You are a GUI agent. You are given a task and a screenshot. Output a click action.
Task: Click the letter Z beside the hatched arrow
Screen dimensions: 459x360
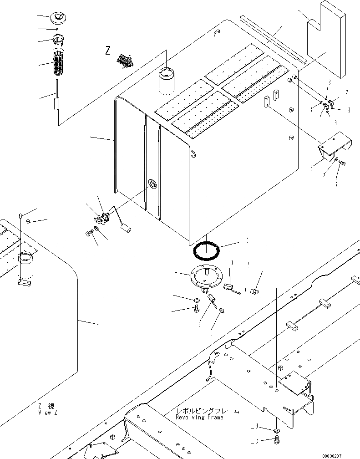pyautogui.click(x=108, y=51)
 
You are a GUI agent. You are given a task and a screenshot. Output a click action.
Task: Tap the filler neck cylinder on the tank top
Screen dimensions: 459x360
pyautogui.click(x=167, y=80)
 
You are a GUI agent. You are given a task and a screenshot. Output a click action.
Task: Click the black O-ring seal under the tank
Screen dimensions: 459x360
pyautogui.click(x=207, y=250)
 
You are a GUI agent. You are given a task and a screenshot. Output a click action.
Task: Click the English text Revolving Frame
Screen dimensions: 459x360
pyautogui.click(x=199, y=418)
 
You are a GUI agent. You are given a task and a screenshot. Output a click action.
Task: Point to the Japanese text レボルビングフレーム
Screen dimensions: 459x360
pyautogui.click(x=207, y=411)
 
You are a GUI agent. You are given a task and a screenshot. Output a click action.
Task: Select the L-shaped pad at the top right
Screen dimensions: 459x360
pyautogui.click(x=325, y=34)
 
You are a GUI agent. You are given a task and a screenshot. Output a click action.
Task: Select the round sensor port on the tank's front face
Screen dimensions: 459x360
pyautogui.click(x=152, y=184)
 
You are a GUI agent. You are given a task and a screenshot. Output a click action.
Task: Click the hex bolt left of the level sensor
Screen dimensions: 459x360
pyautogui.click(x=89, y=234)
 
